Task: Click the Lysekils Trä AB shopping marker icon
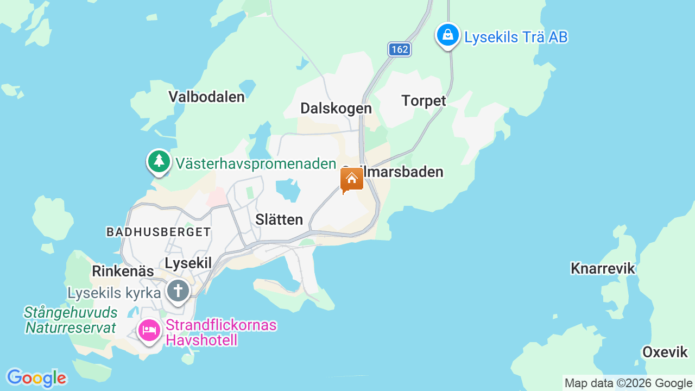[x=447, y=35]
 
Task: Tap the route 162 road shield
[x=399, y=49]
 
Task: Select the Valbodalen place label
[x=206, y=97]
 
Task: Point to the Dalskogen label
[x=336, y=109]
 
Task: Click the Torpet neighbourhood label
[x=424, y=101]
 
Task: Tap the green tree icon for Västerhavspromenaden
[x=159, y=161]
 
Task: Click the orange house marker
[x=351, y=179]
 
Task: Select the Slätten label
[x=279, y=220]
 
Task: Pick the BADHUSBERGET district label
[x=159, y=232]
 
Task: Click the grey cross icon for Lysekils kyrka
[x=178, y=290]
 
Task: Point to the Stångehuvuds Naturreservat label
[x=71, y=320]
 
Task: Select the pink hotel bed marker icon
[x=149, y=330]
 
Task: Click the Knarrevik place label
[x=603, y=268]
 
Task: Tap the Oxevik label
[x=665, y=352]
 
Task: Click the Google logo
[x=36, y=378]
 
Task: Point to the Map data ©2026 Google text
[x=628, y=383]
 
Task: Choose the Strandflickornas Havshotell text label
[x=221, y=332]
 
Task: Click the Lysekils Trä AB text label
[x=516, y=37]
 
